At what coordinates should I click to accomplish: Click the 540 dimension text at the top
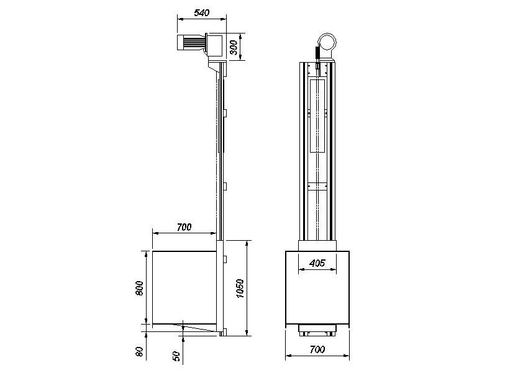click(x=200, y=12)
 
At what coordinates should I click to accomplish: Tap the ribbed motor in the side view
click(x=193, y=43)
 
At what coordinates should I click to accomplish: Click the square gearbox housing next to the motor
click(x=215, y=44)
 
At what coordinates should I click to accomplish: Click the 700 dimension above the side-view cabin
click(x=184, y=227)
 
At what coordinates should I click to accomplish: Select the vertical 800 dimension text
click(x=140, y=288)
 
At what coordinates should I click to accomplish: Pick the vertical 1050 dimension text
click(x=240, y=288)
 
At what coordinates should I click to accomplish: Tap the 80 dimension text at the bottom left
click(x=140, y=352)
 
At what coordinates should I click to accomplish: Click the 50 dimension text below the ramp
click(x=177, y=356)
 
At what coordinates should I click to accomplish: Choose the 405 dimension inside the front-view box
click(x=317, y=263)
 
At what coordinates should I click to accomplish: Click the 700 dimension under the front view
click(x=317, y=350)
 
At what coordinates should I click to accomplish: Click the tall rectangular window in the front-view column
click(x=317, y=116)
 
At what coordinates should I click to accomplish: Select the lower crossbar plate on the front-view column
click(x=317, y=186)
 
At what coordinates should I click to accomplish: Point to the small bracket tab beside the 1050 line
click(x=226, y=257)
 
